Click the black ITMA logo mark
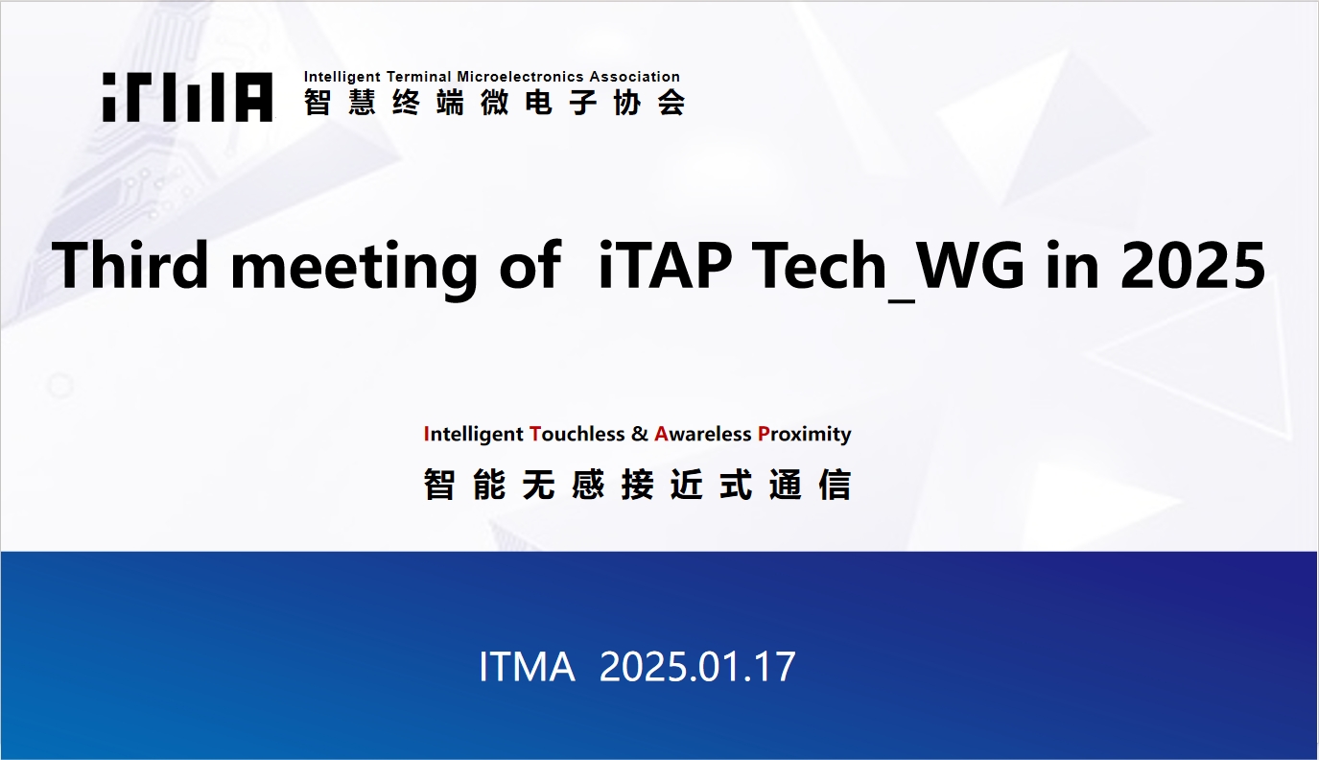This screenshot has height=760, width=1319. (187, 97)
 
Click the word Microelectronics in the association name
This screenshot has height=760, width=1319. (520, 77)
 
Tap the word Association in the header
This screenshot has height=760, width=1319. (635, 77)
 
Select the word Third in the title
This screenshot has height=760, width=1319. (130, 265)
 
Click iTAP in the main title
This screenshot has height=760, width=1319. (665, 266)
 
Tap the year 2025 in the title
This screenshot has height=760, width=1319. (1192, 266)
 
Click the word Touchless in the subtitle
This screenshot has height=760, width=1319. (577, 434)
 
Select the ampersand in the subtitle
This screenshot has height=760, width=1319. (640, 434)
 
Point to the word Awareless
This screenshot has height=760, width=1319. (703, 434)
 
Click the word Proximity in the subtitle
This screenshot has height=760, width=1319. (805, 435)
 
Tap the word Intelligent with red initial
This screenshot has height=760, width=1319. (474, 435)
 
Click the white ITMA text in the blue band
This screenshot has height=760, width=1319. (527, 667)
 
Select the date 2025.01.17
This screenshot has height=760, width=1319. (697, 667)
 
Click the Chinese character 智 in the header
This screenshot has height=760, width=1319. (317, 103)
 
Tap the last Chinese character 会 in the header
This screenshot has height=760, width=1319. (671, 103)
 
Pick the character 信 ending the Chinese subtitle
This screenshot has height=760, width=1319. (835, 485)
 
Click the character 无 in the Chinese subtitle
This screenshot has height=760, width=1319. (539, 485)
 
